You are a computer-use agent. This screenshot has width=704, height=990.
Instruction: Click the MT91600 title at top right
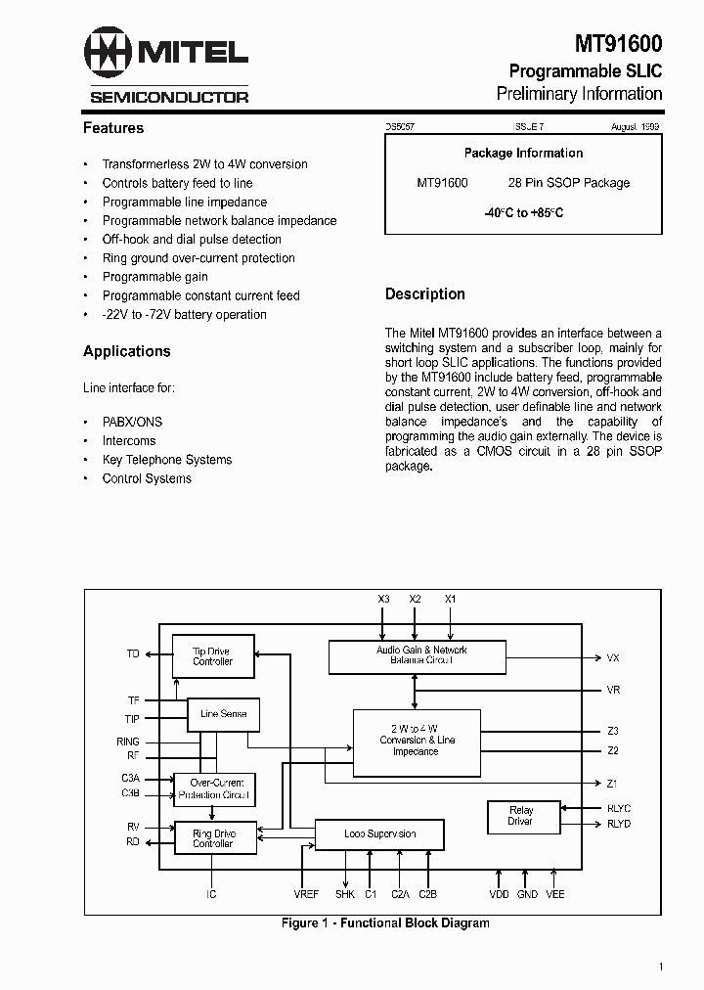[617, 44]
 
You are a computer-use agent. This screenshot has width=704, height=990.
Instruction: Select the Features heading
[113, 128]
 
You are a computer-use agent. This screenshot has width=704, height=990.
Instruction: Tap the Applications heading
[127, 351]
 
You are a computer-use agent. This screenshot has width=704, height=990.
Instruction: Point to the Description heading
[425, 293]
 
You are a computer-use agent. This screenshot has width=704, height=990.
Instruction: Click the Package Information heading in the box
[523, 154]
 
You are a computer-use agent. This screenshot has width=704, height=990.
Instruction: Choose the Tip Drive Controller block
[212, 656]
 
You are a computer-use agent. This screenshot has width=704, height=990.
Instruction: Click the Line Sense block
[223, 714]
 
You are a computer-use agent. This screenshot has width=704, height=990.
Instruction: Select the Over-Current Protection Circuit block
[213, 789]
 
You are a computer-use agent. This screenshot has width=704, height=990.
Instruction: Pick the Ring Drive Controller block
[213, 838]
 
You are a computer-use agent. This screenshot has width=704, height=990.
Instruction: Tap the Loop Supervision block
[379, 834]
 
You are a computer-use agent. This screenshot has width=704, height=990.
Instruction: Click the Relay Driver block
[521, 816]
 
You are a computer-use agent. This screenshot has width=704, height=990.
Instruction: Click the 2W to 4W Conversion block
[416, 740]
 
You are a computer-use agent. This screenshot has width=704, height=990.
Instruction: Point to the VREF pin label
[306, 894]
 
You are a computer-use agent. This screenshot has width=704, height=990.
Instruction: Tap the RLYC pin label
[619, 808]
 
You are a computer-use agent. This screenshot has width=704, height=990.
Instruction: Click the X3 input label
[383, 598]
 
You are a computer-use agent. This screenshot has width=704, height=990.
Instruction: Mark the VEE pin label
[555, 894]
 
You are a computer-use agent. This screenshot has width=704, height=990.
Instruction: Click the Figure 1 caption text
[385, 922]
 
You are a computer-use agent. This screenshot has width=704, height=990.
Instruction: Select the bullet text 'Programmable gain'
[154, 277]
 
